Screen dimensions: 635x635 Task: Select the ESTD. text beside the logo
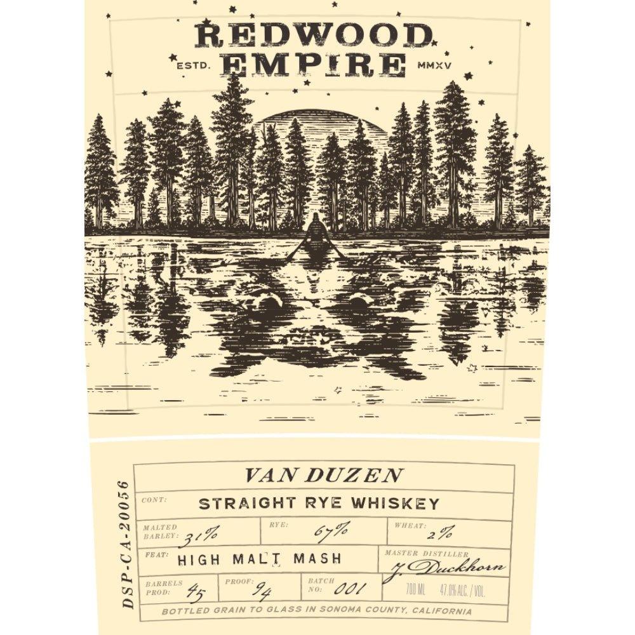(187, 63)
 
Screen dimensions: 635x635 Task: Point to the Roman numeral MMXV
(436, 63)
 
